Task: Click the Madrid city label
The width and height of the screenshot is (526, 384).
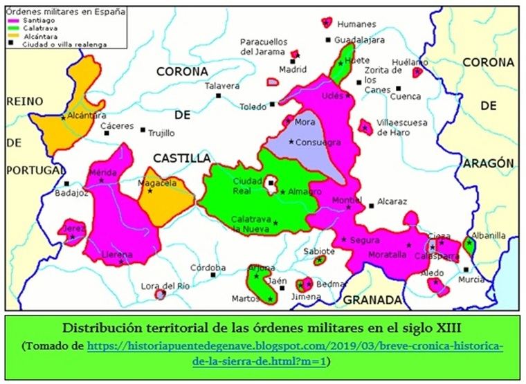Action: coord(292,70)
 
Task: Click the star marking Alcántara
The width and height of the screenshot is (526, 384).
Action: coord(63,117)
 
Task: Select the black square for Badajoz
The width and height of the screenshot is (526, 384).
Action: coord(66,184)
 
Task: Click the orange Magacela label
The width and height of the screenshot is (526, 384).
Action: coord(157,183)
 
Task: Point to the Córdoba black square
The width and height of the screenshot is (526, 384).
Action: coord(213,275)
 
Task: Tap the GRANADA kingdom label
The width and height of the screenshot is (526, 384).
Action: coord(372,300)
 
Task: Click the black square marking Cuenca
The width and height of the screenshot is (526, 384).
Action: coord(398,89)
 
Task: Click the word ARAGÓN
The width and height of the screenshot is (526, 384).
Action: coord(489,163)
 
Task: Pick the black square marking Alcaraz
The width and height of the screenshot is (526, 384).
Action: coord(372,205)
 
